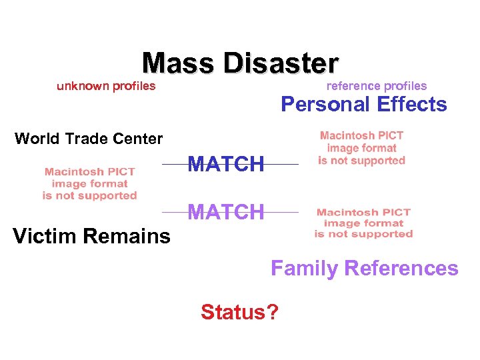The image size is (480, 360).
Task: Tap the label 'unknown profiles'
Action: point(106,85)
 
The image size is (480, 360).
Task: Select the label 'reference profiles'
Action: point(377,85)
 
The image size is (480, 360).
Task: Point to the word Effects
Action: point(412,104)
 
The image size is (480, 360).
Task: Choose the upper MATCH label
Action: point(226,163)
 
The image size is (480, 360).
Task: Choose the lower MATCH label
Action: point(226,212)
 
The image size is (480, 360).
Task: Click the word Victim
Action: point(43,235)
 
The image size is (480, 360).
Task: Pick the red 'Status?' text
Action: point(240,311)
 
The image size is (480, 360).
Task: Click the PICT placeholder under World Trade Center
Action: point(89,183)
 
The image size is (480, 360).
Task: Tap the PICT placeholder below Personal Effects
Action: point(361,148)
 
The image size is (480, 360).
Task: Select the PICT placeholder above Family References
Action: point(363,223)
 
